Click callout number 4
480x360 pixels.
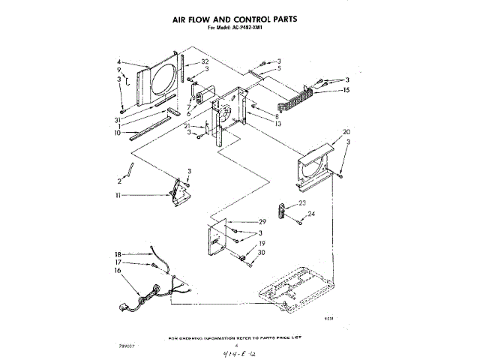coord(118,62)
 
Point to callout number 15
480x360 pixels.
coord(346,90)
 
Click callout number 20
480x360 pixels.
coord(346,132)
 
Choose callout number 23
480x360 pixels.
coord(303,203)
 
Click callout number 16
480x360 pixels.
coord(118,271)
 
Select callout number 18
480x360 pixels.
coord(118,255)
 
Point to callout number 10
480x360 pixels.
coord(118,133)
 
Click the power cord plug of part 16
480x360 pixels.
coord(125,305)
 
